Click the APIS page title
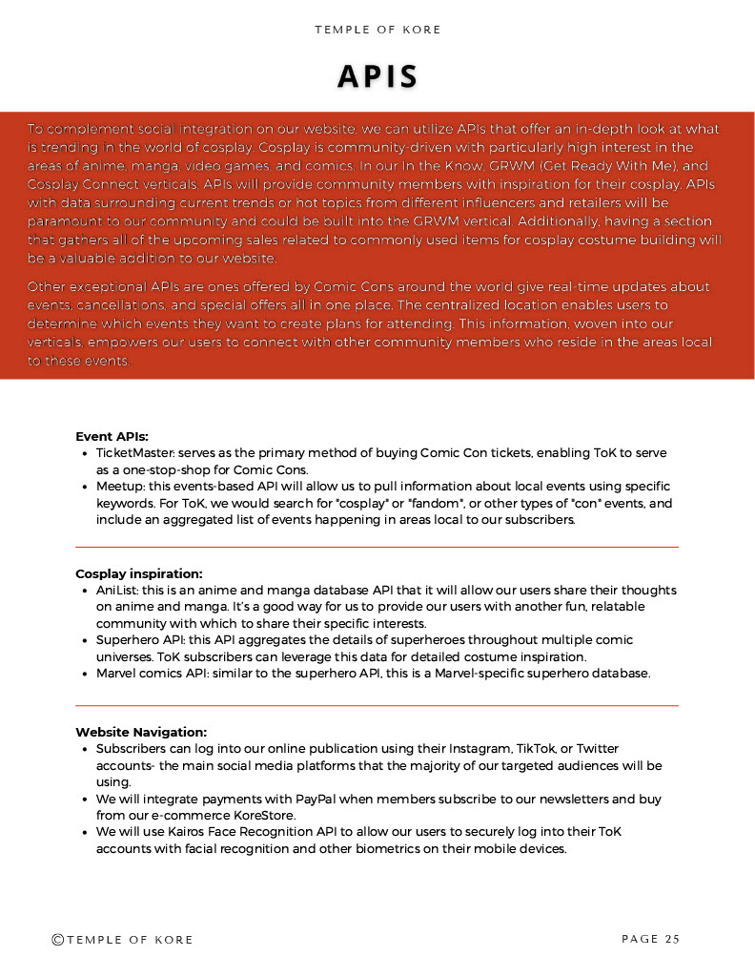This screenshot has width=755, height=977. pyautogui.click(x=377, y=76)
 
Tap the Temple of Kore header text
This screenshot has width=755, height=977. pyautogui.click(x=377, y=30)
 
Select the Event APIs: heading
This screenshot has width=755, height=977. pyautogui.click(x=112, y=436)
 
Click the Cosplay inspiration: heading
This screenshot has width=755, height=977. pyautogui.click(x=139, y=573)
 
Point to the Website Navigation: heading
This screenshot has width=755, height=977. pyautogui.click(x=141, y=732)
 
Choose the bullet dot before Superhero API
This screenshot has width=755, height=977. pyautogui.click(x=86, y=640)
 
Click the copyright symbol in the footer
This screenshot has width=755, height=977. pyautogui.click(x=58, y=940)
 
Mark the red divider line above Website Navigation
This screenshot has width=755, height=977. pyautogui.click(x=377, y=705)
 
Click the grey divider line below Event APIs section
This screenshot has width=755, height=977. pyautogui.click(x=377, y=547)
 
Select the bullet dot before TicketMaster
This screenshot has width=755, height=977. pyautogui.click(x=86, y=454)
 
